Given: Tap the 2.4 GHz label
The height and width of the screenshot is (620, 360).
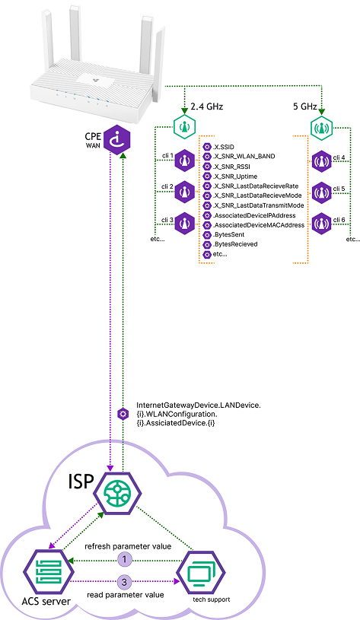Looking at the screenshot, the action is click(x=206, y=107).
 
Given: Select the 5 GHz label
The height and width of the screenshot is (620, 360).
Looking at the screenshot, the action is click(x=306, y=107).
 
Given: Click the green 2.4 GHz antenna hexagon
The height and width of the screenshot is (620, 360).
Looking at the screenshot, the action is click(x=185, y=127).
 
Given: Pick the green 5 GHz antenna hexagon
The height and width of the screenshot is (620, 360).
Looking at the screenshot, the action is click(x=321, y=127).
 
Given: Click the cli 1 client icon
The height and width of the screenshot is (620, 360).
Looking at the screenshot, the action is click(x=184, y=161).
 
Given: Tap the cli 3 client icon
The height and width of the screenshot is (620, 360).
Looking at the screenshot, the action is click(x=184, y=224).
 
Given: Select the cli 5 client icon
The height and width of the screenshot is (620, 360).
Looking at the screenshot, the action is click(x=321, y=192).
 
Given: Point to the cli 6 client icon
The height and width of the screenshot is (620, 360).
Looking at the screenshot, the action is click(x=321, y=224).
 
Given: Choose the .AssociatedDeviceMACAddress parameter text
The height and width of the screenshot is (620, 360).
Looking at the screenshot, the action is click(x=259, y=225).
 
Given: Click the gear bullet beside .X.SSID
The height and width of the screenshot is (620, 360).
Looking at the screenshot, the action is click(x=206, y=147).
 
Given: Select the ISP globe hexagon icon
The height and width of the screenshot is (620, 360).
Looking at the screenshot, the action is click(x=118, y=492).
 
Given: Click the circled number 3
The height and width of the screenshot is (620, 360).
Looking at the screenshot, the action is click(x=124, y=582).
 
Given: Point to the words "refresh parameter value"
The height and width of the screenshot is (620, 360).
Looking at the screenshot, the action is click(x=128, y=546).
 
